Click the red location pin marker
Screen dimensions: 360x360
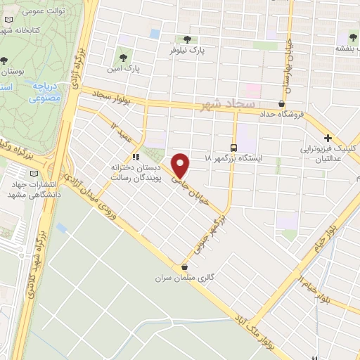tap(181, 165)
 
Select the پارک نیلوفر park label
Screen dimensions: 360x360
tap(186, 51)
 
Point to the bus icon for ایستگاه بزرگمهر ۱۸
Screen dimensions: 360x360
tap(233, 147)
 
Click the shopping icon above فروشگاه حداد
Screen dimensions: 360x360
tap(281, 103)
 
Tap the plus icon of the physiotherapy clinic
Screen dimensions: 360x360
tap(328, 139)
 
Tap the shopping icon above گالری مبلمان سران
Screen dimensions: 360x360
tap(184, 267)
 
